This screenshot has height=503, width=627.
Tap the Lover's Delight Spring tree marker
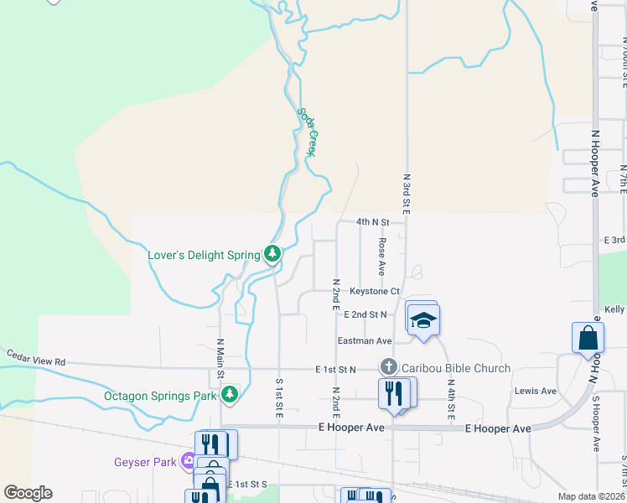[272, 253]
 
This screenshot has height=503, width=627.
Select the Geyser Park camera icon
[189, 460]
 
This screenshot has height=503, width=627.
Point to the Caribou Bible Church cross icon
[388, 367]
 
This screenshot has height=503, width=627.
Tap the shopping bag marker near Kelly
[588, 338]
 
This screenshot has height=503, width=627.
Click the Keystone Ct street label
[375, 292]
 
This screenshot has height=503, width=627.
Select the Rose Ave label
[381, 257]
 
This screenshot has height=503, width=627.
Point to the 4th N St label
[373, 222]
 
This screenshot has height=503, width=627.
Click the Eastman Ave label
[365, 341]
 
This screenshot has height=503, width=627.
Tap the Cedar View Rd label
[36, 356]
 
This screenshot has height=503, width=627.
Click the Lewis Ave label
[536, 392]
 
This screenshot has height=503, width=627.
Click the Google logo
[28, 493]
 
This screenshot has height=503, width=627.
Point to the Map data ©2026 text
[591, 496]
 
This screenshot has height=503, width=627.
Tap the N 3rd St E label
[407, 194]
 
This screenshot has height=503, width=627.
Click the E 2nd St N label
[365, 314]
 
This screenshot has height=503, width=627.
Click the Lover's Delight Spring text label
[204, 254]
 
